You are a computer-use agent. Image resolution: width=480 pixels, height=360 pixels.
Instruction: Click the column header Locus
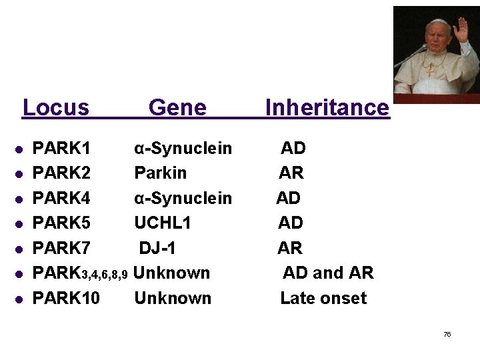56,107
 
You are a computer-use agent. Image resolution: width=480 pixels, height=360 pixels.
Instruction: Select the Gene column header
177,107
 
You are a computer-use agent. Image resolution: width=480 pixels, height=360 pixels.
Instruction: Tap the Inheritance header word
327,107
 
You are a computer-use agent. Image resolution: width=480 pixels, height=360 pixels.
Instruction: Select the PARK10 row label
67,298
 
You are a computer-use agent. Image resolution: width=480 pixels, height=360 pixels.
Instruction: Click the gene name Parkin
161,173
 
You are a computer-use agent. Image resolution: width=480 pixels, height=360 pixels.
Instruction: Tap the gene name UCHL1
162,223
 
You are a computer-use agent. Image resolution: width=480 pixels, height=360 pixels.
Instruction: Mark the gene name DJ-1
157,248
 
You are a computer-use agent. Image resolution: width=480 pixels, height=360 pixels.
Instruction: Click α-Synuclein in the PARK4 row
183,198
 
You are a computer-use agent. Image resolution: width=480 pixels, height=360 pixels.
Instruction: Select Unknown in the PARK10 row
173,298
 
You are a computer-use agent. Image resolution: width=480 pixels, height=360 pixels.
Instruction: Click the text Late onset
323,298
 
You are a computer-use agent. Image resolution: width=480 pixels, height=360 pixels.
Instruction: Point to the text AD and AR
328,273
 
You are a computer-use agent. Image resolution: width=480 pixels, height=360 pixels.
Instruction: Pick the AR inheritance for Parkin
291,173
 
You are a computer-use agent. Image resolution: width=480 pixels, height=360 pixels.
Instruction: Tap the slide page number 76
447,334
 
